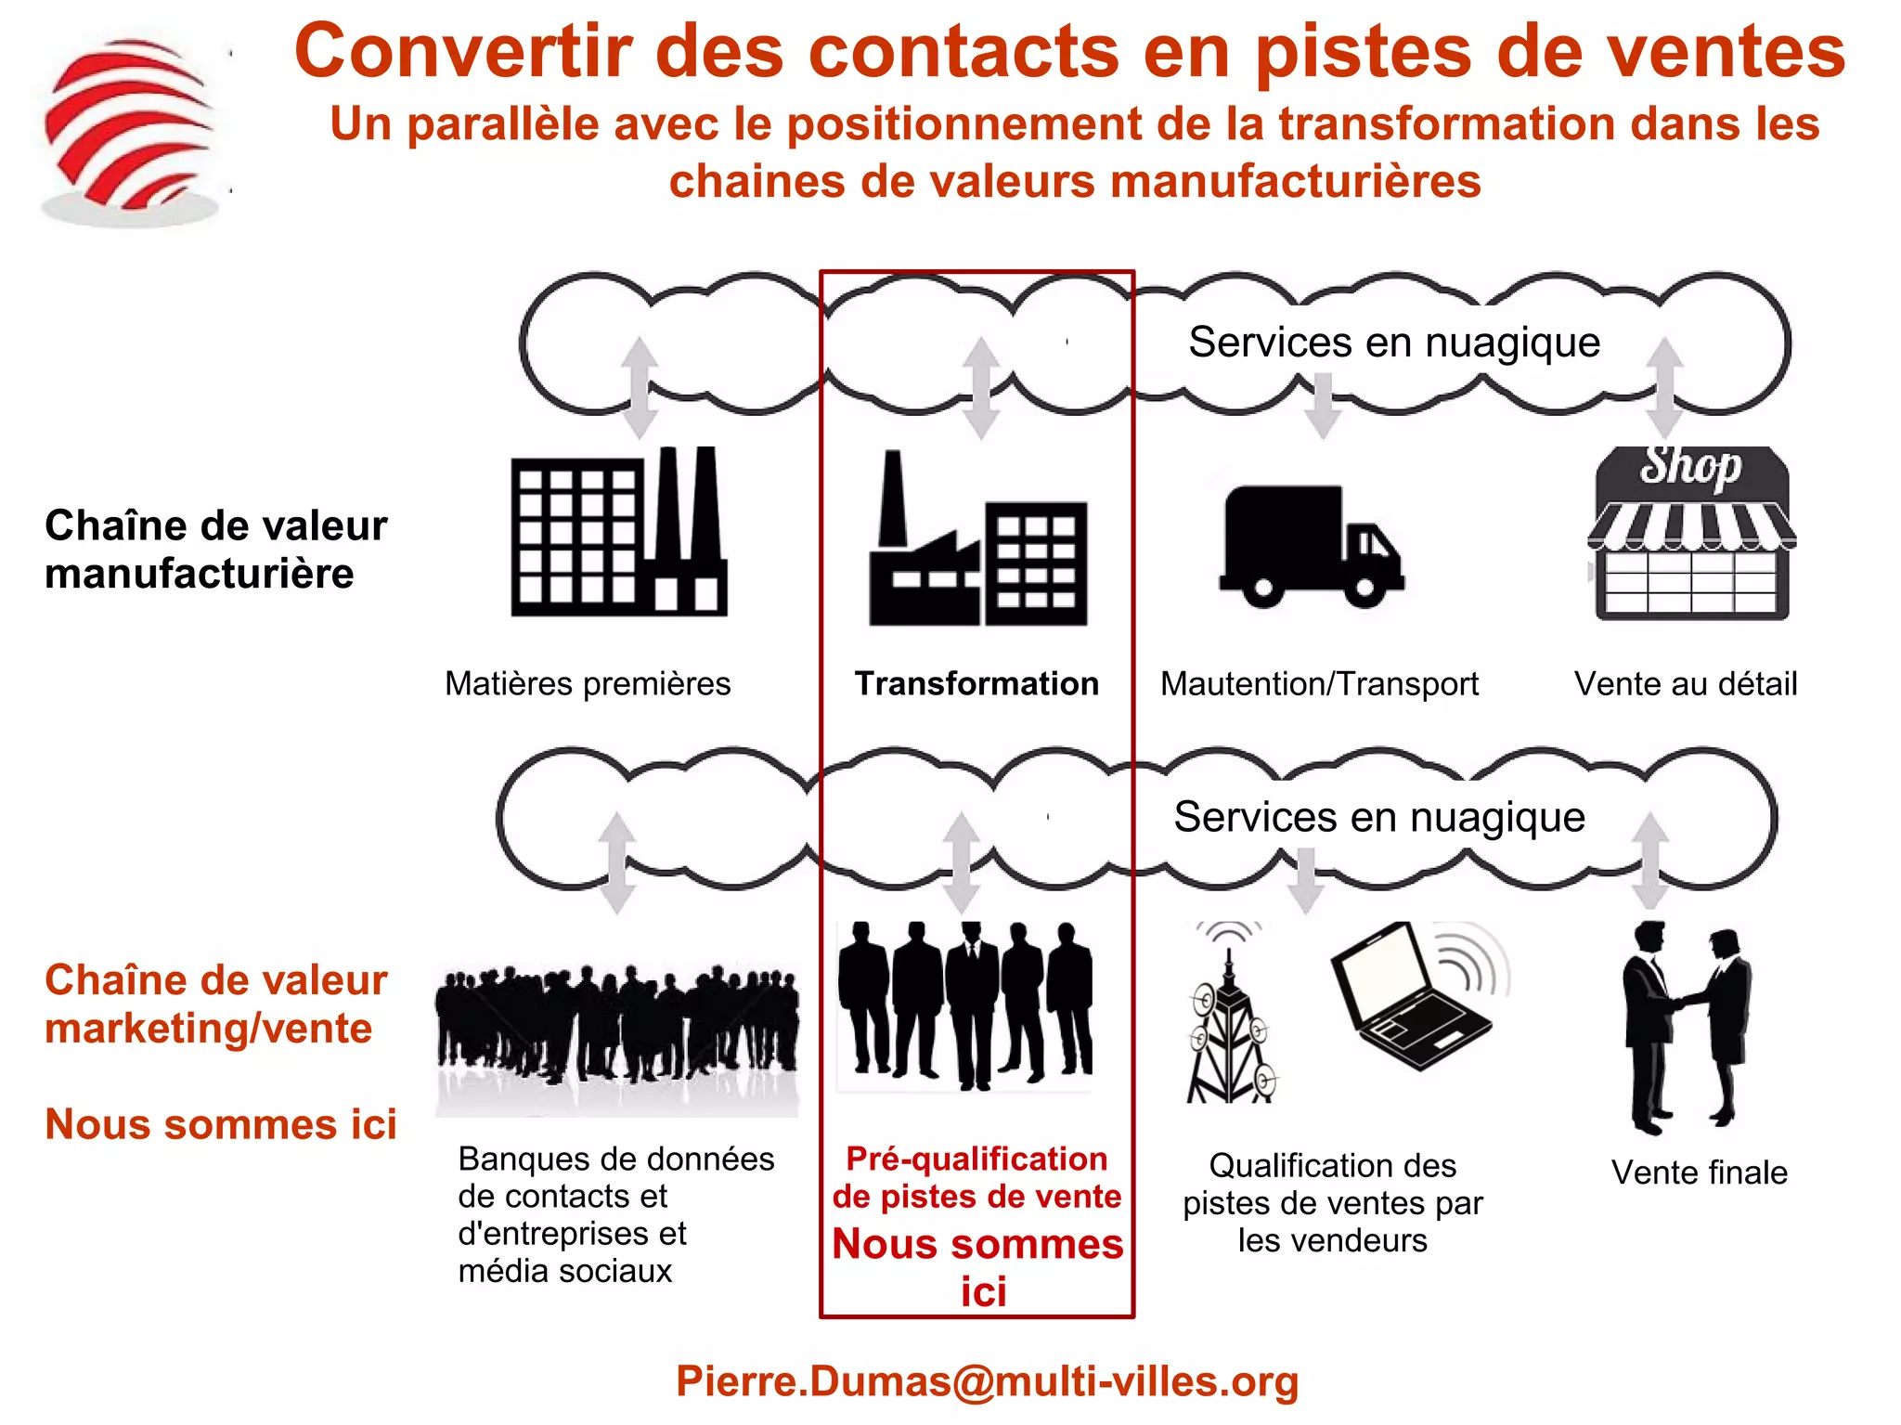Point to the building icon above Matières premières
(x=618, y=533)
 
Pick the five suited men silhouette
(x=965, y=1003)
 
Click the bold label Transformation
(x=976, y=683)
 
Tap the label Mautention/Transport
(x=1319, y=684)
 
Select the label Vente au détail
(x=1686, y=684)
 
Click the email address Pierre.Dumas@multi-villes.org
(x=987, y=1381)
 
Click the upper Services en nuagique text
(x=1394, y=343)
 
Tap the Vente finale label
(x=1699, y=1172)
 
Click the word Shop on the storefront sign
(x=1690, y=466)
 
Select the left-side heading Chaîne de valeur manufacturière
(x=215, y=550)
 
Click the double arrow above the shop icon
(x=1665, y=387)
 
